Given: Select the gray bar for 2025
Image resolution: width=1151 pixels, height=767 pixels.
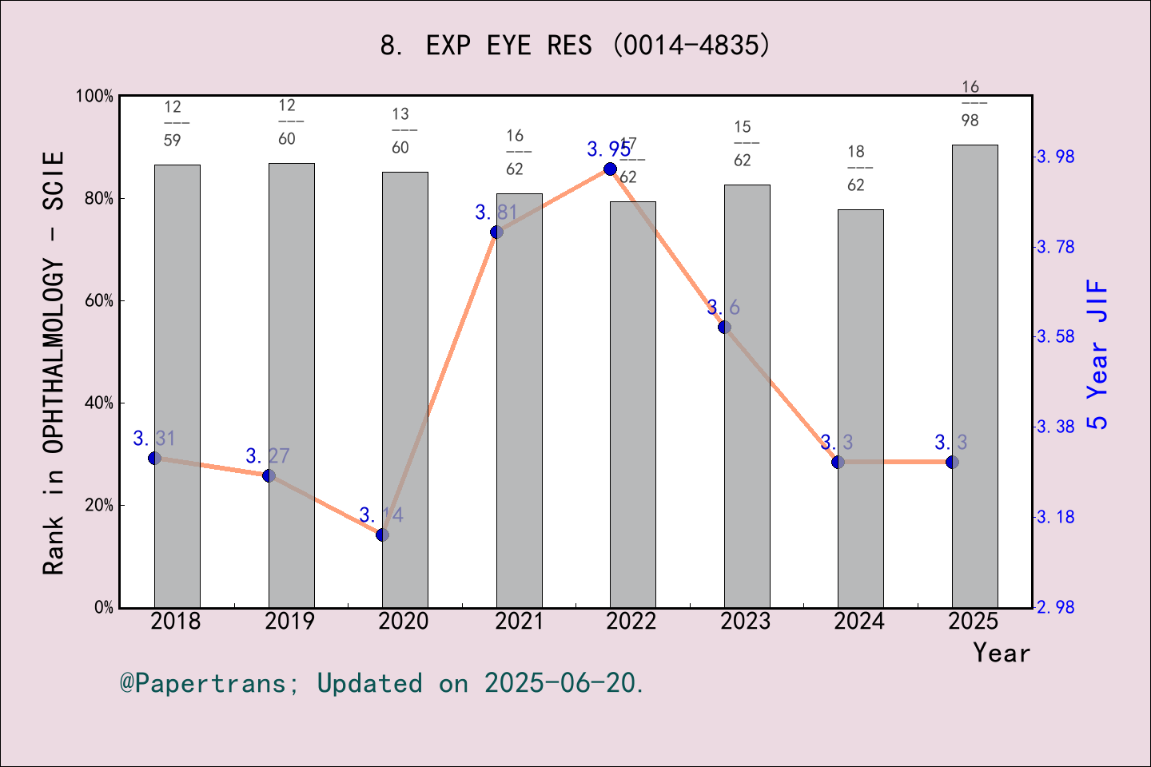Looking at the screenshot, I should [x=974, y=376].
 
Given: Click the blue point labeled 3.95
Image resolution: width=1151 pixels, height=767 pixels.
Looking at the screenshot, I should [x=611, y=169].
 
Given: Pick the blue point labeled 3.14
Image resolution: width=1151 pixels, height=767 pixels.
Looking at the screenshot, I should [x=382, y=535].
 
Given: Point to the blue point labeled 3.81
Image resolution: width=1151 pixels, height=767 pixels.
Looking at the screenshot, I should [x=496, y=232].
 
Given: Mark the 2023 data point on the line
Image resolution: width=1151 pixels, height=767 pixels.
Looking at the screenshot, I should [x=724, y=327].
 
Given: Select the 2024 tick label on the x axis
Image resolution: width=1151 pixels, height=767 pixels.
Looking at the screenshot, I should [x=859, y=622].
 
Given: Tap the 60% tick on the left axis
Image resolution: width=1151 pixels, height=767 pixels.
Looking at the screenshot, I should [x=99, y=301].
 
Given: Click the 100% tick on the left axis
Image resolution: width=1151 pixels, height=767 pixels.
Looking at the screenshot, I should [x=95, y=97].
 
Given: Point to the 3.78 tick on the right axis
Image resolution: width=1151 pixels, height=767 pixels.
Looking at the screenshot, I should [x=1056, y=247].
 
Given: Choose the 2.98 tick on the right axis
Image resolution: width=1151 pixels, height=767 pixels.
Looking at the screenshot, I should [x=1056, y=608].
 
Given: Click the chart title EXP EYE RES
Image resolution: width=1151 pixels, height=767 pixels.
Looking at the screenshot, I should [x=575, y=46].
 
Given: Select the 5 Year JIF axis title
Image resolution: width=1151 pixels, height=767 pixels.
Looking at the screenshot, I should [x=1097, y=354].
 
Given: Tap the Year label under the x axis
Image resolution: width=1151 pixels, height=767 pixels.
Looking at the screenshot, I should [x=1002, y=654].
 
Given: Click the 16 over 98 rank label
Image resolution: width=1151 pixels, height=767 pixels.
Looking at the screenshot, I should [x=970, y=104].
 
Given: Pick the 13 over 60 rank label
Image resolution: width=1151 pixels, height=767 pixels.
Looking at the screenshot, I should [x=400, y=131].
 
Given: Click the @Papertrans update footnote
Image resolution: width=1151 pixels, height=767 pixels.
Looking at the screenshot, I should [x=382, y=684].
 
